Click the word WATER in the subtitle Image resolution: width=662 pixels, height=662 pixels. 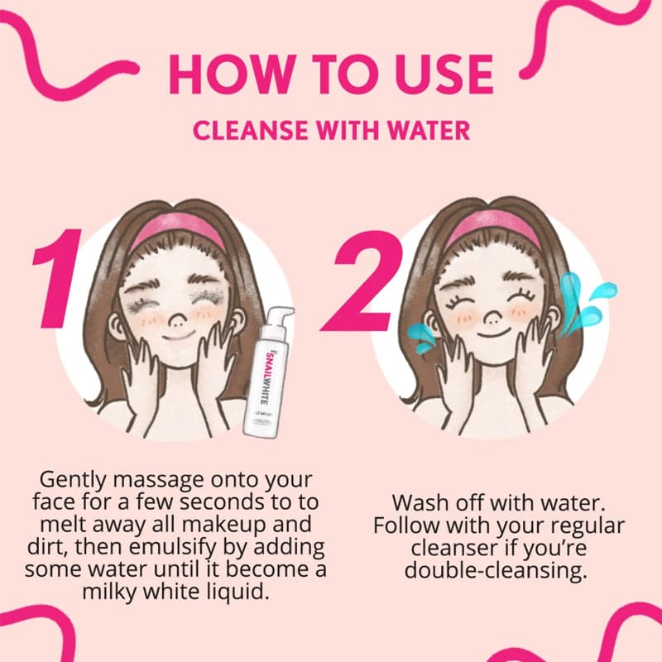[x=430, y=131]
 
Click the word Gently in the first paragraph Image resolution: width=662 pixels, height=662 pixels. [x=70, y=480]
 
